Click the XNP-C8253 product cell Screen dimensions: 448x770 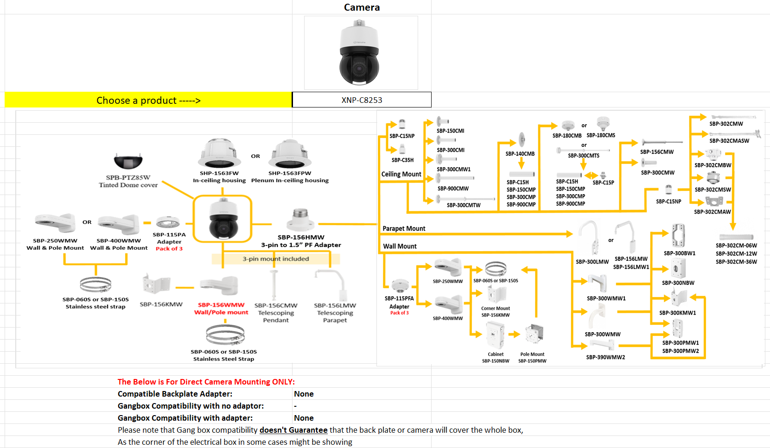362,100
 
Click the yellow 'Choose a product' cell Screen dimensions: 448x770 148,100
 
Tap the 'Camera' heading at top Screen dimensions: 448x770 362,7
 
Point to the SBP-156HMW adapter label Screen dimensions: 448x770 301,237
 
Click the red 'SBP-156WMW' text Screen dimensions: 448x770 221,305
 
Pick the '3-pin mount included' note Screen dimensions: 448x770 276,259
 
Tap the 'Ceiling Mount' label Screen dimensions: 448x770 401,174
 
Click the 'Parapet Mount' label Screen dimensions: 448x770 404,228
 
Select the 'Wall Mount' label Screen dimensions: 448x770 400,246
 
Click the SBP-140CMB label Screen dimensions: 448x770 520,154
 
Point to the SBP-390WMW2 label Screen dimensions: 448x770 605,357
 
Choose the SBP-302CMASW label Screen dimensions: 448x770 729,141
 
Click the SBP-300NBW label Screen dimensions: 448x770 678,283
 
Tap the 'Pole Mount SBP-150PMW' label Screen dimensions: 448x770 532,358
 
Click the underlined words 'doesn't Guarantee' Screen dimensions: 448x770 293,430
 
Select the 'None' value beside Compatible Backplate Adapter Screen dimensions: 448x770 304,394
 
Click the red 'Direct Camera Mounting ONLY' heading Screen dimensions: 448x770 206,382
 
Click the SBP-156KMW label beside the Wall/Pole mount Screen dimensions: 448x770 161,304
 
